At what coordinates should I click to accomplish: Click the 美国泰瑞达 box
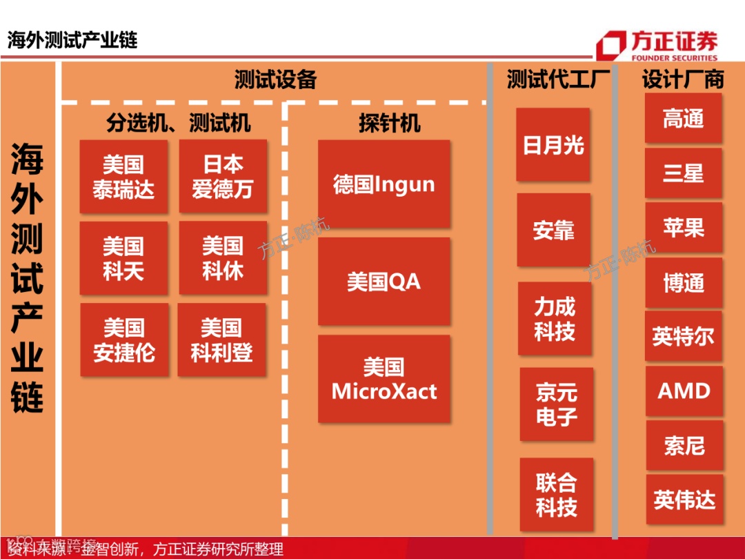[123, 177]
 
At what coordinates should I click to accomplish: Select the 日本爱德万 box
[223, 176]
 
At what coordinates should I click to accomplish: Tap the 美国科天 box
[123, 258]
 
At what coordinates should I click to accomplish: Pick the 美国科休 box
[223, 258]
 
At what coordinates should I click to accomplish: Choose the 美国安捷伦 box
[124, 340]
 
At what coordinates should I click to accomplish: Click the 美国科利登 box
[221, 340]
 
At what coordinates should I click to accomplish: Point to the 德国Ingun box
[384, 184]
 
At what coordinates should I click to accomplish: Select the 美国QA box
[384, 282]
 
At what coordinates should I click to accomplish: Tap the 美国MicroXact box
[384, 379]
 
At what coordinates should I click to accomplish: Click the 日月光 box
[553, 145]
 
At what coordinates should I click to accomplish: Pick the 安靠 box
[553, 230]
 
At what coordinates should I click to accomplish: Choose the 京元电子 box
[556, 404]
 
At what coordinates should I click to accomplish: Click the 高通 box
[683, 119]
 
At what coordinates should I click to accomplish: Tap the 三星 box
[683, 173]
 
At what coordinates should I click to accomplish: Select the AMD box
[684, 391]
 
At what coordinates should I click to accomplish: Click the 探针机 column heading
[389, 123]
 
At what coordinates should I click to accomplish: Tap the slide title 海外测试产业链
[72, 39]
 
